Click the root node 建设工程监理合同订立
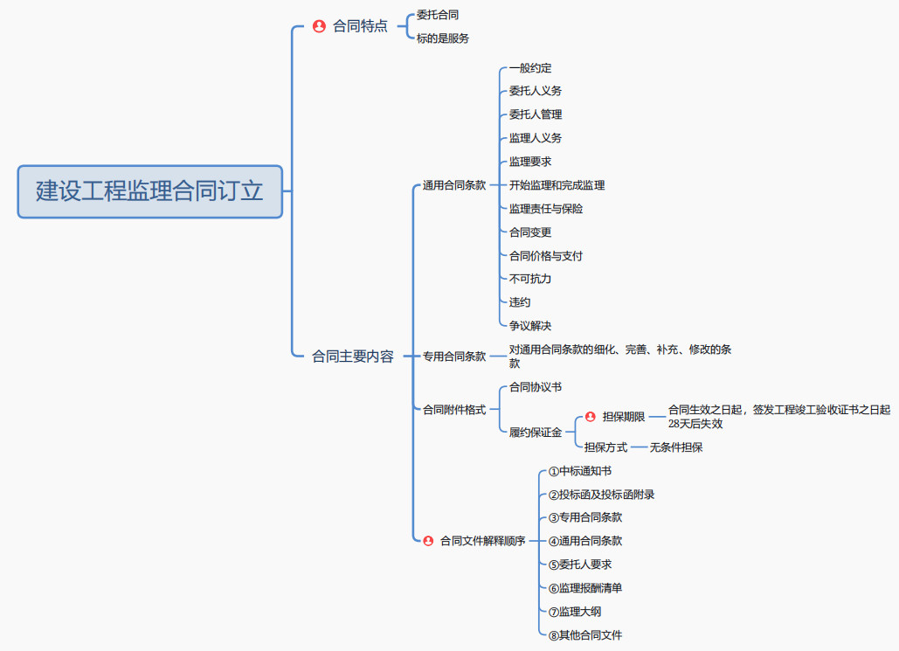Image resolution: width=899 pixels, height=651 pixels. tap(149, 191)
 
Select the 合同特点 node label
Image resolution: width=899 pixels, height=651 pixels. tap(360, 26)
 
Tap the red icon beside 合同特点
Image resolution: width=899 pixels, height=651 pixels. tap(319, 26)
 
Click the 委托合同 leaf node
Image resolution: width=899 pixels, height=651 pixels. tap(438, 15)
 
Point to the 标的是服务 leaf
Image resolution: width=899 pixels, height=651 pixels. tap(443, 38)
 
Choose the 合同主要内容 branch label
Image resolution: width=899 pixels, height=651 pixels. tap(353, 357)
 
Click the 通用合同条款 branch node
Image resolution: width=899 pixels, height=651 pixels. tap(454, 185)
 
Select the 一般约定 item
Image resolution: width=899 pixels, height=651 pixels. tap(530, 68)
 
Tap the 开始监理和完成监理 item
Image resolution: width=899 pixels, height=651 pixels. tap(557, 185)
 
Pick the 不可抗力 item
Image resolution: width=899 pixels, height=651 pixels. tap(530, 279)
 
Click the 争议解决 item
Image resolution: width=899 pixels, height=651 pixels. tap(530, 326)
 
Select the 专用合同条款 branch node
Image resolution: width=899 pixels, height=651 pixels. tap(454, 357)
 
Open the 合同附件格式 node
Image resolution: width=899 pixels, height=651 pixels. tap(454, 409)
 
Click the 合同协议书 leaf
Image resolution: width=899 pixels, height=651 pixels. tap(536, 387)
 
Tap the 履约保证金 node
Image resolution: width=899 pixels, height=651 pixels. tap(536, 433)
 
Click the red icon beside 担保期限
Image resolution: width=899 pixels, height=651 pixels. tap(590, 417)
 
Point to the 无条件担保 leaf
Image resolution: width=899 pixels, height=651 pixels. tap(676, 447)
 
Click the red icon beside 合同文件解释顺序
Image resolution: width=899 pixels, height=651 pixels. tap(428, 541)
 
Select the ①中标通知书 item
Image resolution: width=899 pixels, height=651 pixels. tap(580, 471)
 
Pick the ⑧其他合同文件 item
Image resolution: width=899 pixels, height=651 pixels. tap(585, 635)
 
